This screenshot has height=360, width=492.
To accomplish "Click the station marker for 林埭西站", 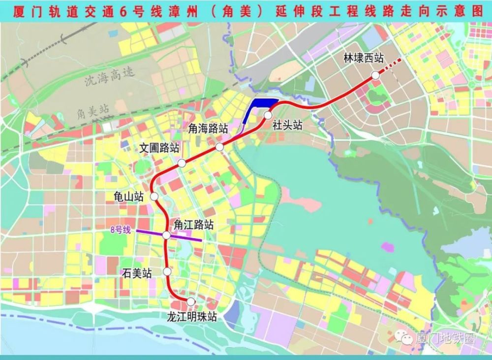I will pyautogui.click(x=375, y=75).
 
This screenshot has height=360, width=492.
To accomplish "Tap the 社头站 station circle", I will pyautogui.click(x=268, y=115).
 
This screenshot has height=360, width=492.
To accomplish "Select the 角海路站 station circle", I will pyautogui.click(x=219, y=147).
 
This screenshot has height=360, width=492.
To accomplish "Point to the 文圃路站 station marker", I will pyautogui.click(x=182, y=163).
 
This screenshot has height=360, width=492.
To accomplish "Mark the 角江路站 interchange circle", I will pyautogui.click(x=166, y=236).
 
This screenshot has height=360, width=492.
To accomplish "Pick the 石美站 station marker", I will pyautogui.click(x=167, y=271).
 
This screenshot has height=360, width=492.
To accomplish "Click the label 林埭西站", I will pyautogui.click(x=364, y=59).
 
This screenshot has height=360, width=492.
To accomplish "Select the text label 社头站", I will pyautogui.click(x=287, y=125).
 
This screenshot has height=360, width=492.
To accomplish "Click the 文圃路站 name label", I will pyautogui.click(x=159, y=148).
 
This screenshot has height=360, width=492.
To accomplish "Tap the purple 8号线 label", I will pyautogui.click(x=120, y=230).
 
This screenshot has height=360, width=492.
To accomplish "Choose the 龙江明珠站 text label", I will pyautogui.click(x=192, y=317).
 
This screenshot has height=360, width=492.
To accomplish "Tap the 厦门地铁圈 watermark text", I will pyautogui.click(x=444, y=339).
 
